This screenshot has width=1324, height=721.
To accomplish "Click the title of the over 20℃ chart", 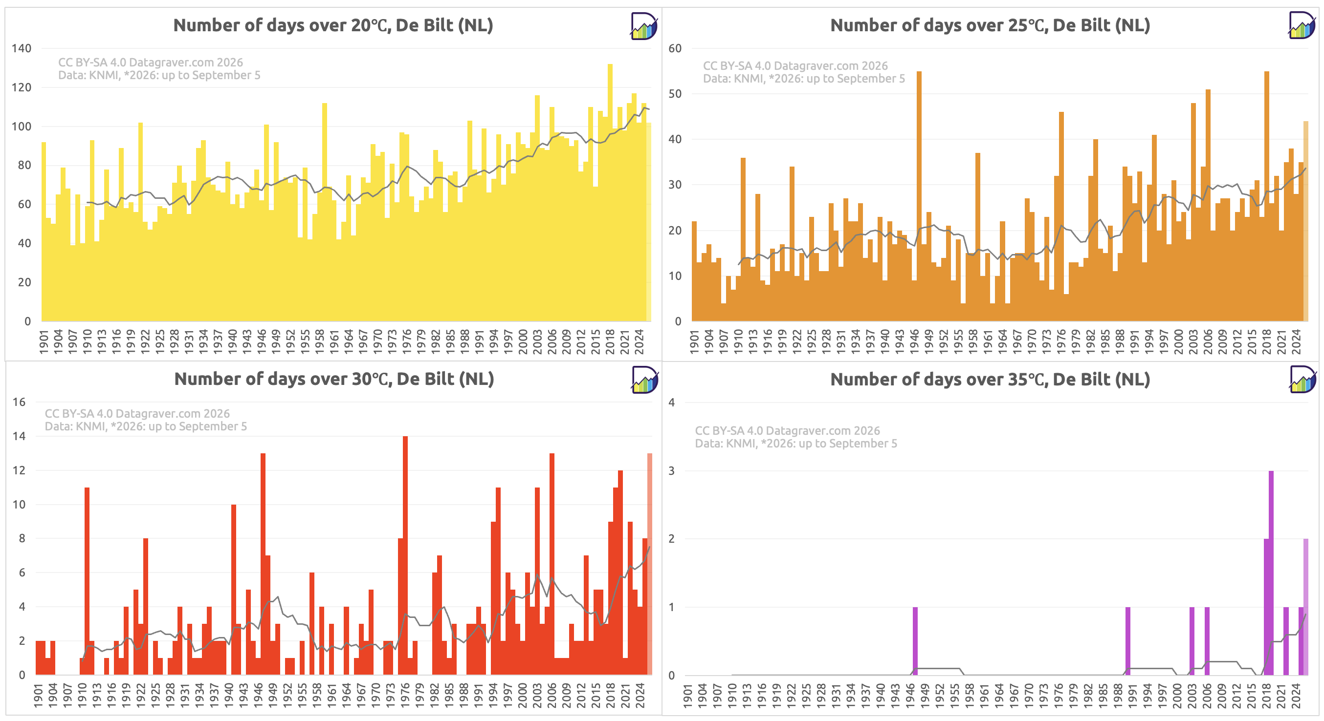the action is coord(333,25).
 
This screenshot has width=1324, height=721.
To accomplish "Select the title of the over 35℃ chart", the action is coord(990,380).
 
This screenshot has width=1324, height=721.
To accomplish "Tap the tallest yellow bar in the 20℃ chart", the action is coord(610,192).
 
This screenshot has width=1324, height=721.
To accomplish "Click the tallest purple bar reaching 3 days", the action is coord(1271,573).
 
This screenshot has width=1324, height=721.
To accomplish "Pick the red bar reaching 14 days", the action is coord(405,555).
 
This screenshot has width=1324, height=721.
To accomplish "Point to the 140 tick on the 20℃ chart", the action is coord(22,48).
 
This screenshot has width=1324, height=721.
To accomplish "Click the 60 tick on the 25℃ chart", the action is coord(675,48).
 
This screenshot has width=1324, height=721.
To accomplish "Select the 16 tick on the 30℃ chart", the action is coord(19,402).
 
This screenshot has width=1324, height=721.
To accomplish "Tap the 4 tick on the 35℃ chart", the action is coord(672,403).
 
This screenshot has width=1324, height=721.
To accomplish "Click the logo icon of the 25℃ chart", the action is coord(1302,25).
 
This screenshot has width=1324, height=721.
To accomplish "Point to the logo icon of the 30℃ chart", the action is coord(644,380).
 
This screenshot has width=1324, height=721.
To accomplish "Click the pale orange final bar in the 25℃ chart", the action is coord(1306,221).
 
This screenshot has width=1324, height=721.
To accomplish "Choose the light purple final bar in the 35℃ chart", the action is coord(1306,607).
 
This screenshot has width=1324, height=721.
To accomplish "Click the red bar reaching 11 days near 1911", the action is coord(87,581).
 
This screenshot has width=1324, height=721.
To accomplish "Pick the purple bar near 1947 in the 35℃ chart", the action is coord(915,641).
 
